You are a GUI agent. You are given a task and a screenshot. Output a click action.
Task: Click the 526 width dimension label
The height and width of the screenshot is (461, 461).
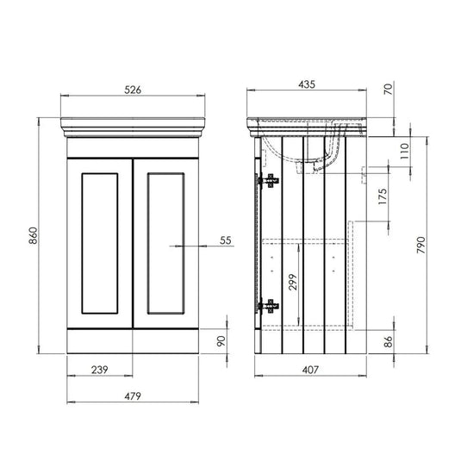132,89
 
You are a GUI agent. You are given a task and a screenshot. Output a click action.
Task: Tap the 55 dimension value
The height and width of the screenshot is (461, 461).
226,241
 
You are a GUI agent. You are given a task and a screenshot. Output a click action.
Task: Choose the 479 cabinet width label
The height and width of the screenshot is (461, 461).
132,396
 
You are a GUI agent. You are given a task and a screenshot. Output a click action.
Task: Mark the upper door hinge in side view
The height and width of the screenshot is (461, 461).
270,181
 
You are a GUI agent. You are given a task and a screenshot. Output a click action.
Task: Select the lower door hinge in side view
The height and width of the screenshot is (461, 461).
270,304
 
